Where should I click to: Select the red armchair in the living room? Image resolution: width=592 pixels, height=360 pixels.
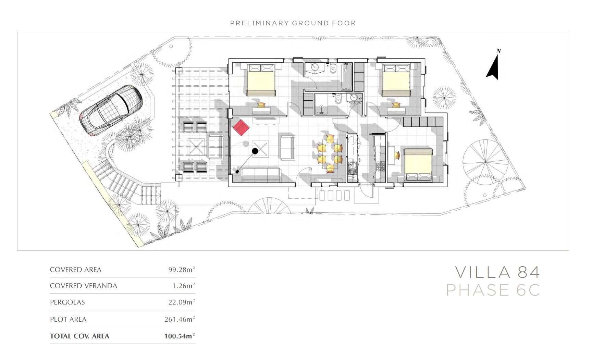tap(241, 127)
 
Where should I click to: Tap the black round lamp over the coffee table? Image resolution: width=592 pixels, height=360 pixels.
tap(255, 151)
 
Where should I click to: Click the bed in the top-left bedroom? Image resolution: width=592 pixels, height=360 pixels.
tap(261, 79)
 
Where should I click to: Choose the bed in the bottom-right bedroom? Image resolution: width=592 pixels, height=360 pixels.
tap(418, 164)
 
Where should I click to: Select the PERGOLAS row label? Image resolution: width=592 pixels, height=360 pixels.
tap(67, 302)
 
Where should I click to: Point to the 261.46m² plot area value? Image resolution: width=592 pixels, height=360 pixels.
tap(180, 319)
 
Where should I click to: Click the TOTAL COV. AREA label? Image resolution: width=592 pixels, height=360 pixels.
tap(79, 336)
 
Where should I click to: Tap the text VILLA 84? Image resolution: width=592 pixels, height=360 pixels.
tap(497, 272)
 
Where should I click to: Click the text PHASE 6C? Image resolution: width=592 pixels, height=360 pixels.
tap(493, 290)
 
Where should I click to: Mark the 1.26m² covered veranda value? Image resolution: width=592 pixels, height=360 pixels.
tap(184, 286)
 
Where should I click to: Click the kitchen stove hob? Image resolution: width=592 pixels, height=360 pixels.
tap(381, 166)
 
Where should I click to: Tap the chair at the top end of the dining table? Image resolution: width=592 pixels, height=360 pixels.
tap(330, 139)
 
